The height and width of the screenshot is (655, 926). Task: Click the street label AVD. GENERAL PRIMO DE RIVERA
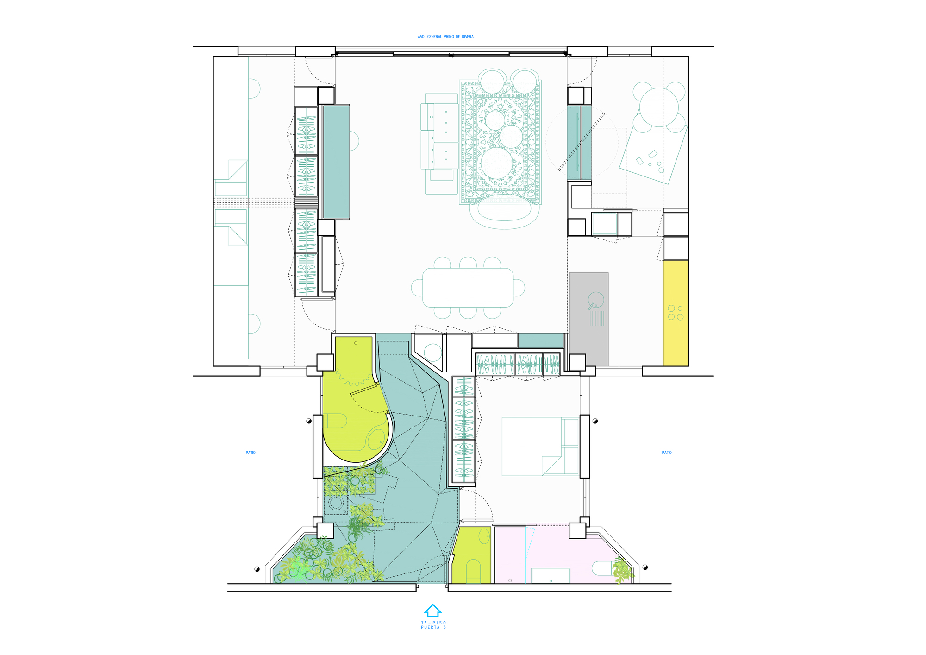pos(445,37)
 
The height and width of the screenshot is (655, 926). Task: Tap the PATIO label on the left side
pos(250,453)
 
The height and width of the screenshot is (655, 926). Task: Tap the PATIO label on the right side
pos(667,453)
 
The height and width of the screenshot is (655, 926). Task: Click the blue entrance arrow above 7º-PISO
pos(432,610)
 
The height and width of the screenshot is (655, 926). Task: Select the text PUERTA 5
pos(433,627)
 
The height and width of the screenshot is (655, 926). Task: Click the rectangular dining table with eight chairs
pos(468,288)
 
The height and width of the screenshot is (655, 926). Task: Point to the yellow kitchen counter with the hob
pos(676,313)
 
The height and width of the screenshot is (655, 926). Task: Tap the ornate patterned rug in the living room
pos(501,142)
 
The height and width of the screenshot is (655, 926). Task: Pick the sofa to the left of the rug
pos(439,131)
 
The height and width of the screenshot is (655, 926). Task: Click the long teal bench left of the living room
pos(336,161)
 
